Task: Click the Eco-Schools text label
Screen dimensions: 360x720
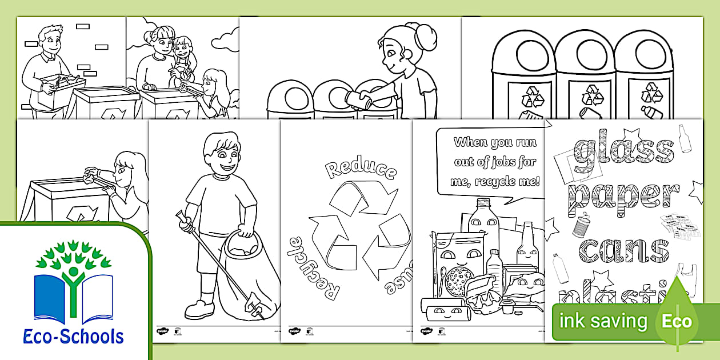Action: pyautogui.click(x=74, y=336)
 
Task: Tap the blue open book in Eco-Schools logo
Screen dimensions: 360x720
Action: pyautogui.click(x=73, y=297)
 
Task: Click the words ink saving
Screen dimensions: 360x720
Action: pyautogui.click(x=603, y=321)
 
